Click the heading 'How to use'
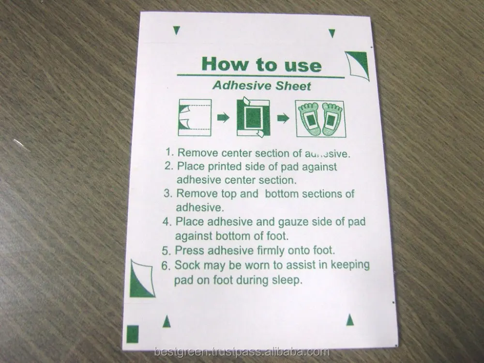coord(261,64)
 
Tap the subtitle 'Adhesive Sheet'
coord(261,87)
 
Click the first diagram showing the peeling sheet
coord(195,118)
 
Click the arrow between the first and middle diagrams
coord(223,118)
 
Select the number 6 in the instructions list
coord(166,265)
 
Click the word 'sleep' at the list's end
coord(290,280)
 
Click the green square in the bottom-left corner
coord(133,334)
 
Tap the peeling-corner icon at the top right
coord(357,65)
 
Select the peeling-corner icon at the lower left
coord(141,278)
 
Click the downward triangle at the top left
coord(177,30)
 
